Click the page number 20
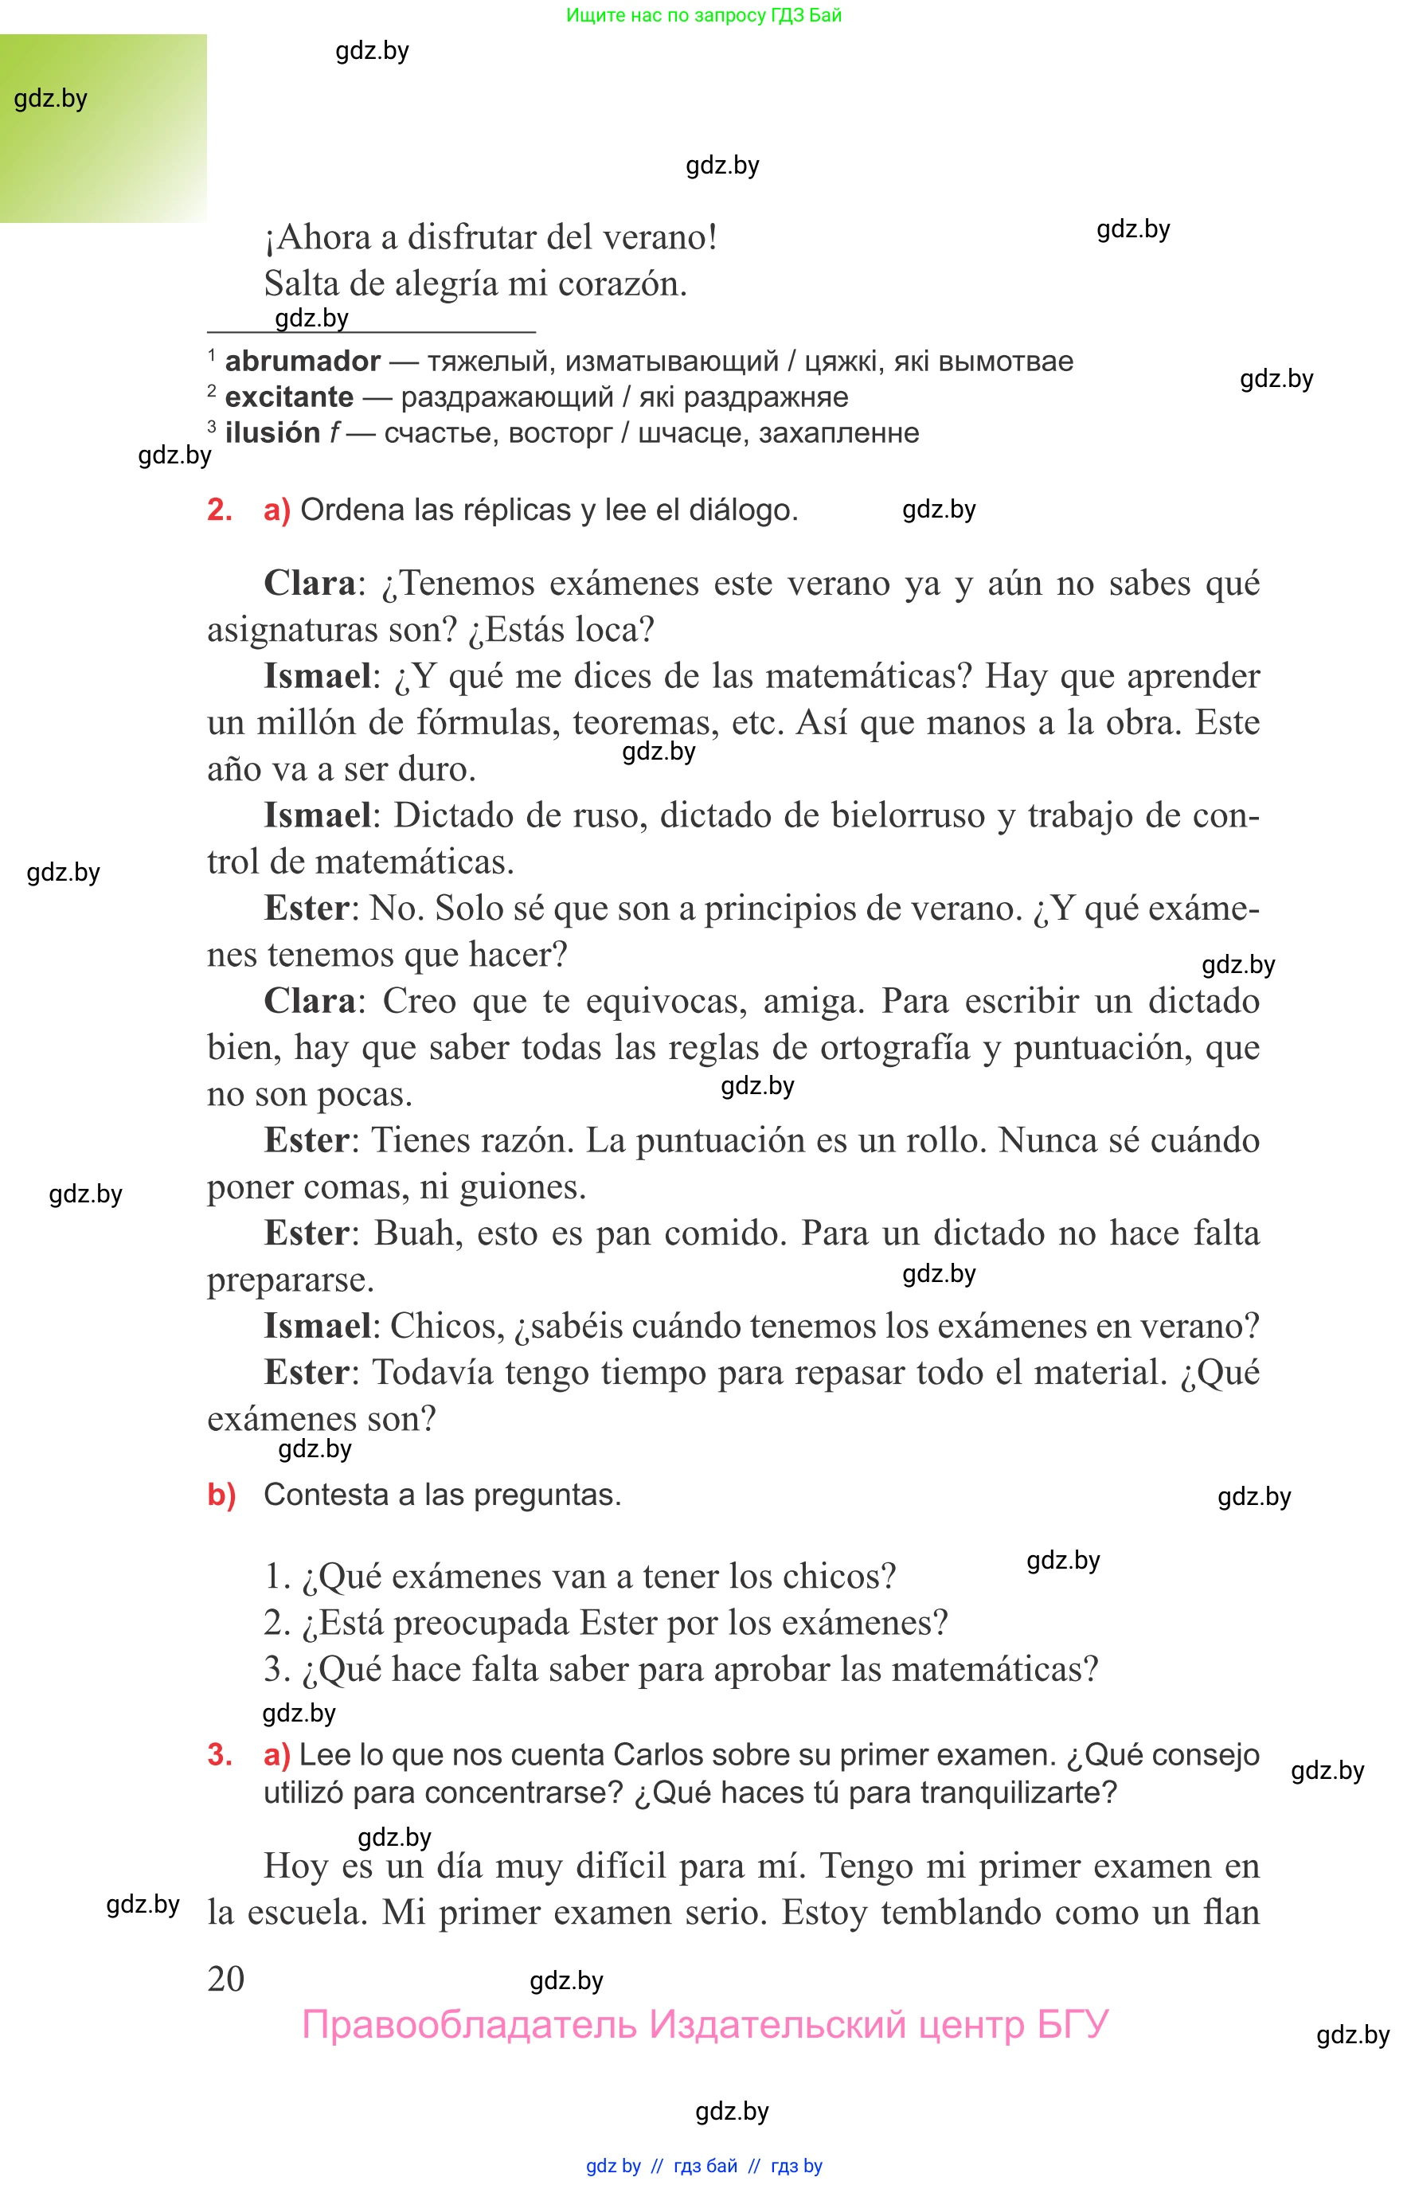tap(225, 1979)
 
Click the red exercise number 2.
tap(219, 510)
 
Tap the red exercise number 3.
tap(219, 1754)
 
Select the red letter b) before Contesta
tap(221, 1495)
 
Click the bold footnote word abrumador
tap(303, 361)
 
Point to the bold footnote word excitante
tap(288, 397)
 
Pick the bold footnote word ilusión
tap(272, 432)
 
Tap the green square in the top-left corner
tap(103, 128)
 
